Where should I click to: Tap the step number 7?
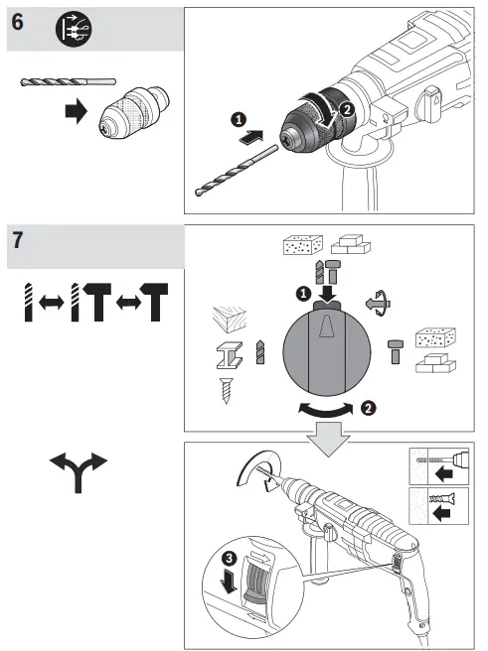[x=18, y=241]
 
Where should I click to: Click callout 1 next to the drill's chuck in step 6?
[x=238, y=118]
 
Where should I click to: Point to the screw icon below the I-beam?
[x=228, y=389]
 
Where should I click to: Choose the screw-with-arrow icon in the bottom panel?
[x=438, y=512]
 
